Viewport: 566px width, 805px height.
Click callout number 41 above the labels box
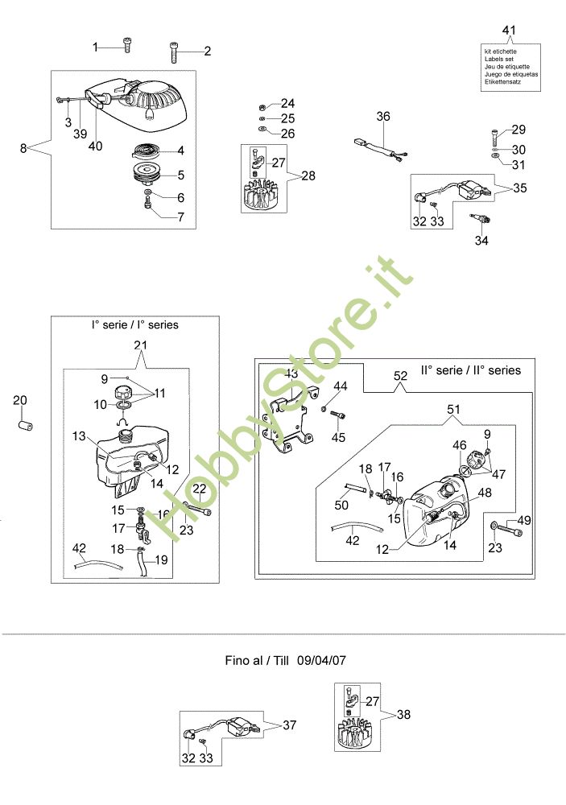[x=508, y=30]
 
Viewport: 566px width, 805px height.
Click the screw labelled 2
[x=175, y=51]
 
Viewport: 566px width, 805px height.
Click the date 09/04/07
[x=321, y=659]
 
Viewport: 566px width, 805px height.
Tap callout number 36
[x=383, y=118]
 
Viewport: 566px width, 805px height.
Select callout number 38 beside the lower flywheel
[x=403, y=714]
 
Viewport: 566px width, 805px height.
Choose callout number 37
[x=289, y=724]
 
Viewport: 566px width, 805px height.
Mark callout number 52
[x=401, y=376]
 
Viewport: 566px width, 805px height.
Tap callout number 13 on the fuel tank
[x=79, y=436]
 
